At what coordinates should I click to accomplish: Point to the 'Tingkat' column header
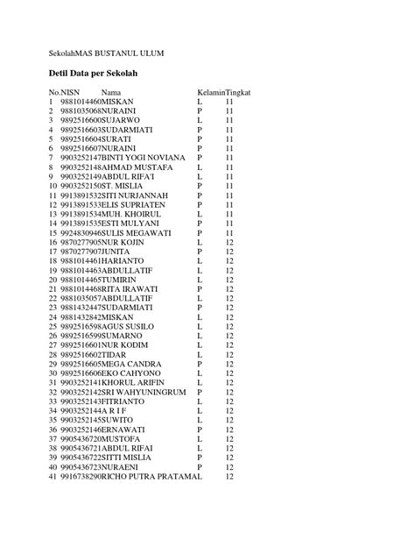240,92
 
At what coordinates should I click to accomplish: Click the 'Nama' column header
111,92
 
